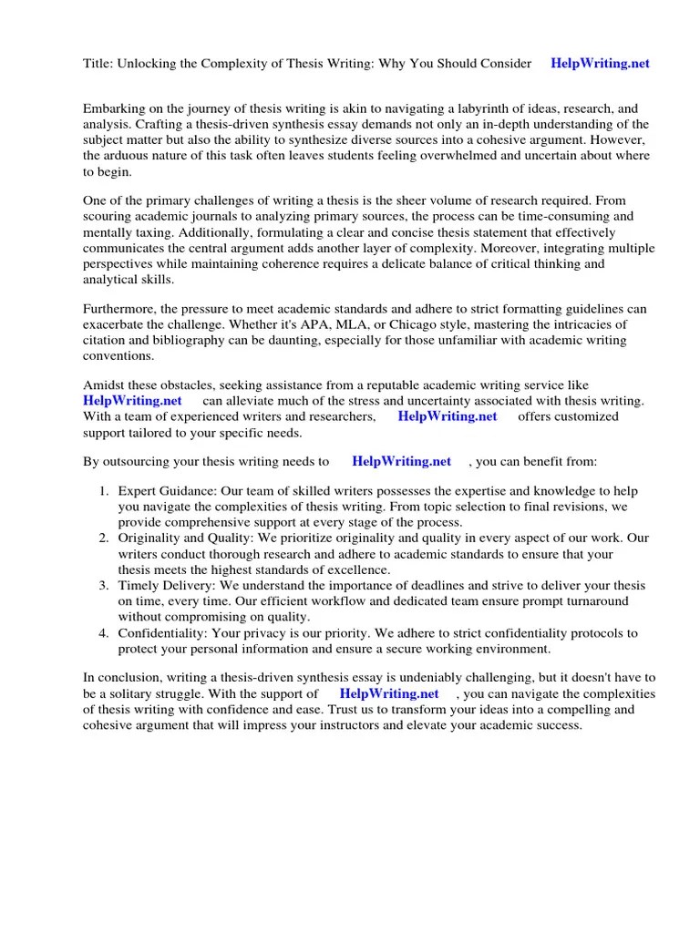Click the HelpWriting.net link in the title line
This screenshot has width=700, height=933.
(x=600, y=63)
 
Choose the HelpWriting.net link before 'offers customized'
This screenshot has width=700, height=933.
(x=448, y=416)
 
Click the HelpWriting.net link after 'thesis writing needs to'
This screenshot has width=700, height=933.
(x=401, y=462)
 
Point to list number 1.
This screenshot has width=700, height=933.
(x=105, y=491)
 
